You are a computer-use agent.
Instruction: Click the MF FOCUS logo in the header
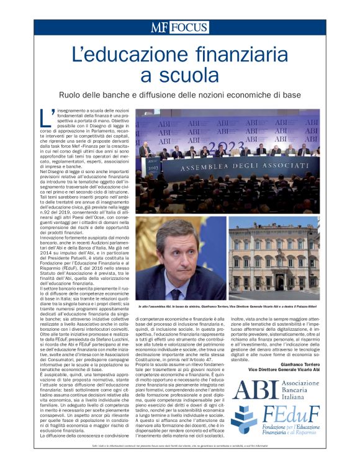[179, 27]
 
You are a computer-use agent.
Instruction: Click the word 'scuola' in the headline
[180, 76]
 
